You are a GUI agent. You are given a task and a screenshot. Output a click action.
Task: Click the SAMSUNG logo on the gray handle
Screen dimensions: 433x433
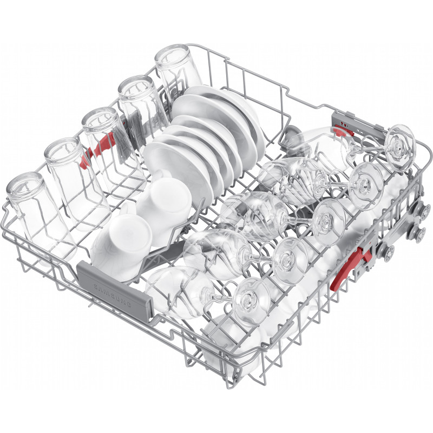[113, 296]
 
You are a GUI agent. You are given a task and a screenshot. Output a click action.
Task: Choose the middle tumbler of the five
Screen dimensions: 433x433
[110, 143]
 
